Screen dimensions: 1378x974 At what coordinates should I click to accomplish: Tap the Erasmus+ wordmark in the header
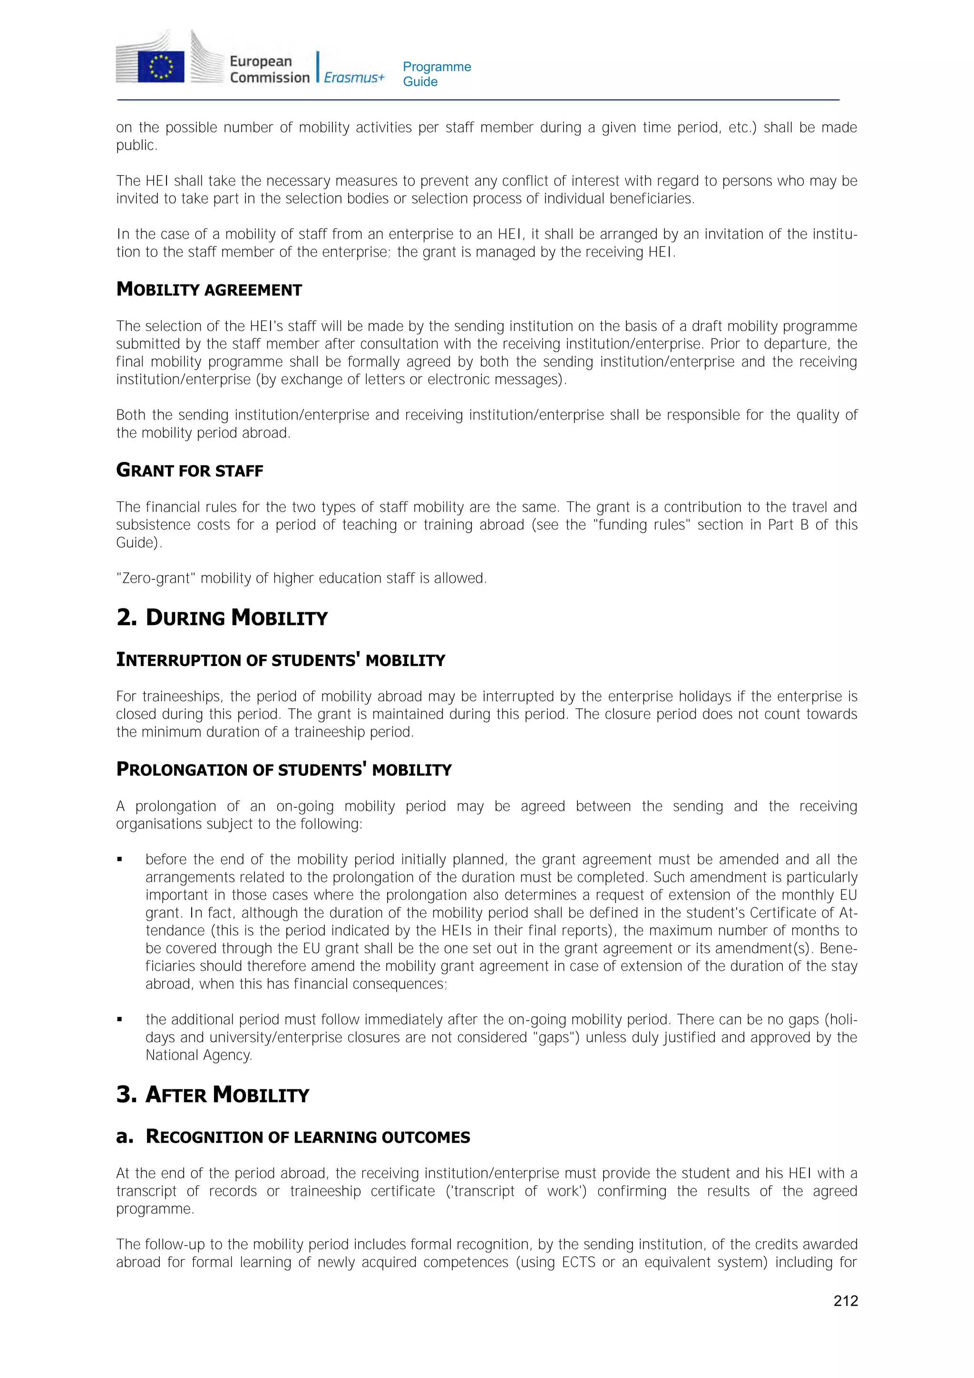(354, 78)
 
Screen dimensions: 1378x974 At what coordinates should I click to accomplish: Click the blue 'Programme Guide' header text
(436, 74)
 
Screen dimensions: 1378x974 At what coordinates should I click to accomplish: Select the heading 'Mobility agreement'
(209, 289)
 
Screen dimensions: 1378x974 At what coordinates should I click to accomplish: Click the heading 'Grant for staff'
(190, 470)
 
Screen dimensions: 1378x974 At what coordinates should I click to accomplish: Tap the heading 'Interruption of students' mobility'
(280, 660)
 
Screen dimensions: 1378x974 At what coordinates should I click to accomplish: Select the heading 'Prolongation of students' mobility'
(283, 770)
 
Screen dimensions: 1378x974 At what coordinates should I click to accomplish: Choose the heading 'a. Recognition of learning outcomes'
(293, 1137)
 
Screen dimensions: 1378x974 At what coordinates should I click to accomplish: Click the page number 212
(845, 1300)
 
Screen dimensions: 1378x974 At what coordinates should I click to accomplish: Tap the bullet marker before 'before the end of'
(120, 860)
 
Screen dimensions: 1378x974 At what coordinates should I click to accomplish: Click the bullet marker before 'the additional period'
(120, 1020)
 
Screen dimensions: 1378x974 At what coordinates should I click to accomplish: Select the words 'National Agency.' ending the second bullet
(199, 1055)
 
